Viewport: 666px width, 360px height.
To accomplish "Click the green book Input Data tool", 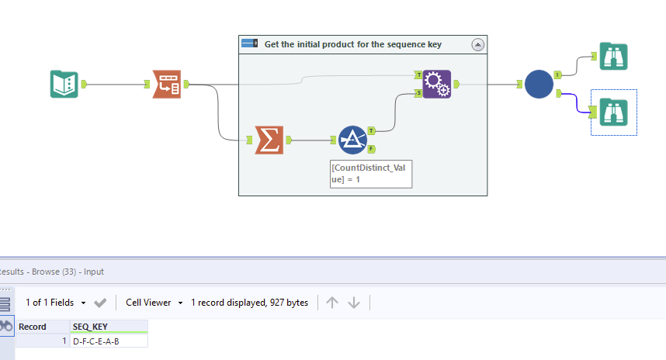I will tap(64, 84).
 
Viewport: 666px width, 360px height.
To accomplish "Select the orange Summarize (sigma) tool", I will tap(269, 140).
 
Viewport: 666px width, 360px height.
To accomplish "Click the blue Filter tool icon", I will tap(352, 140).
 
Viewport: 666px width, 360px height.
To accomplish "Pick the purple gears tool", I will tap(436, 84).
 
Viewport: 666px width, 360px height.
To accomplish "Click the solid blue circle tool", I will tap(539, 84).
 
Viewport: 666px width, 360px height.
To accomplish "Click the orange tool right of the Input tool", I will tap(166, 84).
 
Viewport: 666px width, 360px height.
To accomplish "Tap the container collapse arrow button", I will tap(477, 45).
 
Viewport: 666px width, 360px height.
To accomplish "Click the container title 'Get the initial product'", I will tap(353, 44).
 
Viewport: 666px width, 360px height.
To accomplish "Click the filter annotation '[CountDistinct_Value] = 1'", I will tap(370, 173).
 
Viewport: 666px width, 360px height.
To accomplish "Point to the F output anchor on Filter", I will tap(371, 148).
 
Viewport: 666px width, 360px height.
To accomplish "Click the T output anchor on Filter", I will tap(371, 130).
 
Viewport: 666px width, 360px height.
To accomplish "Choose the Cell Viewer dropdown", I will tap(154, 303).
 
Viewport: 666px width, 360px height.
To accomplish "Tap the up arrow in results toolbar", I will tap(332, 303).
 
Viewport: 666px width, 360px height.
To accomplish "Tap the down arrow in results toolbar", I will tap(354, 303).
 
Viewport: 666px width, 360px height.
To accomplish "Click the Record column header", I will tap(33, 327).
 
